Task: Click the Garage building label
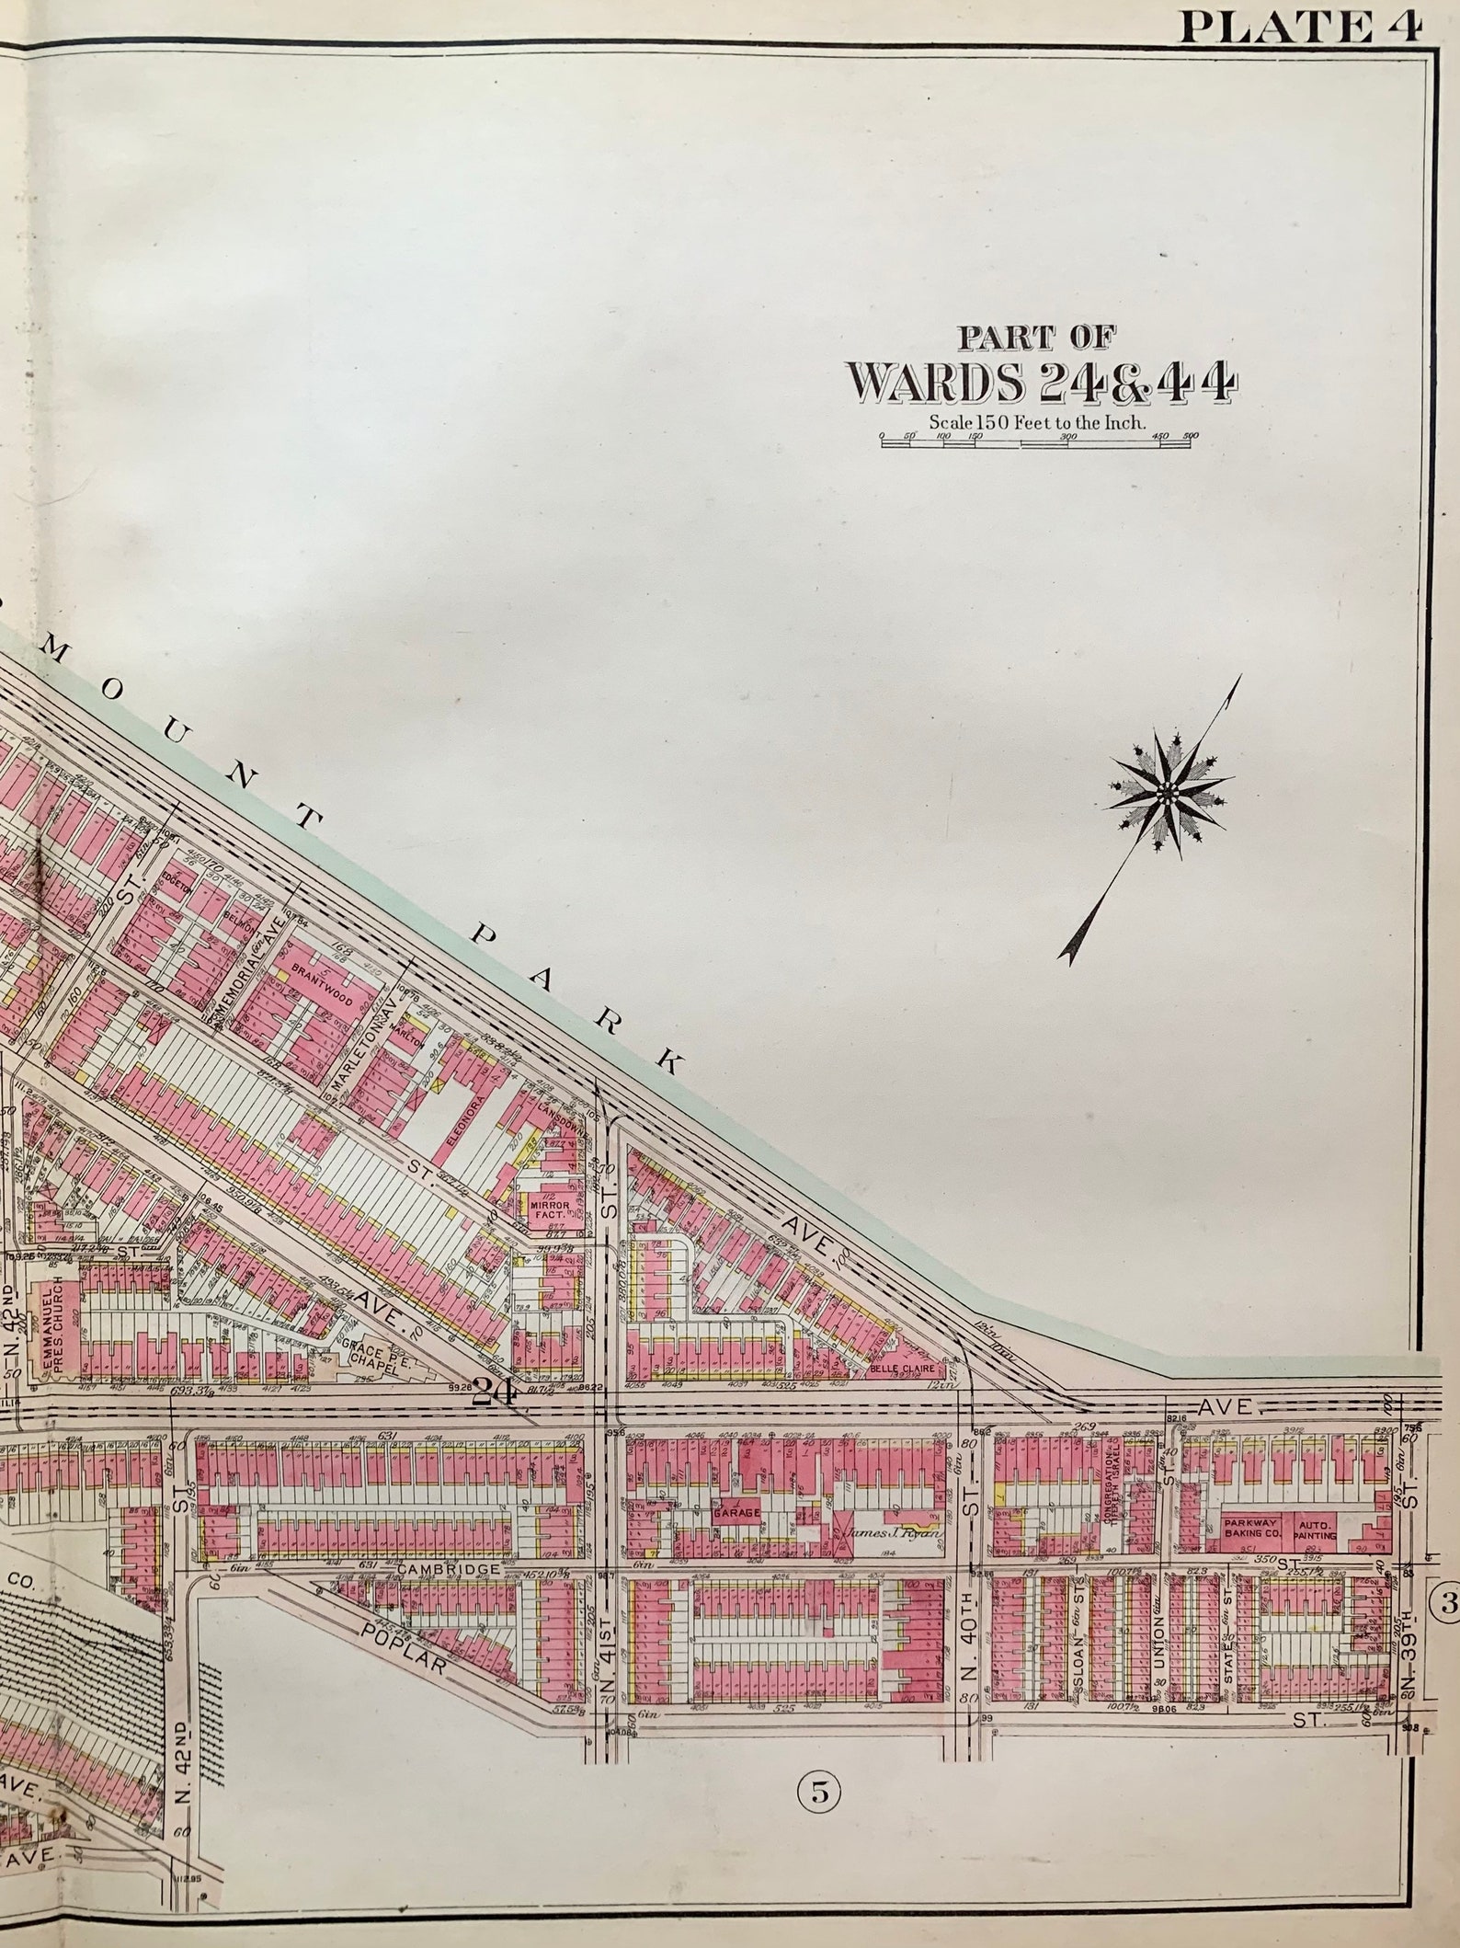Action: tap(735, 1511)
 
